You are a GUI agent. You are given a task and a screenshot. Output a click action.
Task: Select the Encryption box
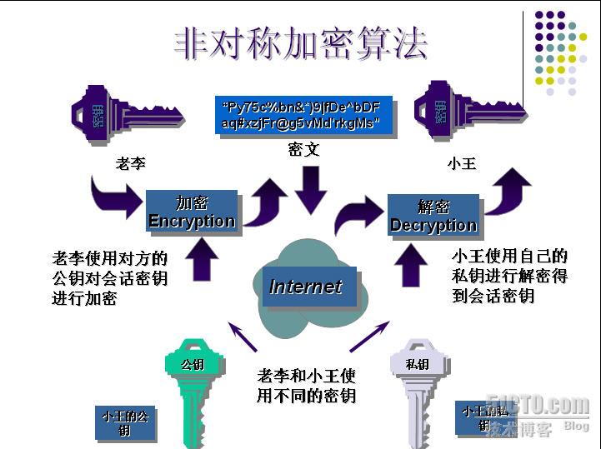192,212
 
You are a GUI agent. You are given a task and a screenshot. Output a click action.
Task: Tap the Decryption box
433,217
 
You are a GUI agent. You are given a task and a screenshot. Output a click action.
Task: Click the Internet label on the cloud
306,287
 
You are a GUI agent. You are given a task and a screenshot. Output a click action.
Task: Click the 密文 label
304,150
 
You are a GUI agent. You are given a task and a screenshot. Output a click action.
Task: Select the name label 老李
131,163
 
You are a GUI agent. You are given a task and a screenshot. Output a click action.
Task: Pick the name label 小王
461,163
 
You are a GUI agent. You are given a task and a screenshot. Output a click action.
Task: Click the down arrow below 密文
310,190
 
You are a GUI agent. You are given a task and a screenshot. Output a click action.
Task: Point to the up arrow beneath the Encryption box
200,260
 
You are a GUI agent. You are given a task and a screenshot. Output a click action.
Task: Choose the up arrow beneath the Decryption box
410,265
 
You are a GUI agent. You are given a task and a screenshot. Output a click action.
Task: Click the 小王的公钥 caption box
125,422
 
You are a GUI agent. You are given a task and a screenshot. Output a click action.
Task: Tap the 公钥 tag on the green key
193,364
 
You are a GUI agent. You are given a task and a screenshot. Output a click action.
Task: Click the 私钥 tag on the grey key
417,364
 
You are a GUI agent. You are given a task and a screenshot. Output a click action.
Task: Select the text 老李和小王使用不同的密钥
307,386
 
